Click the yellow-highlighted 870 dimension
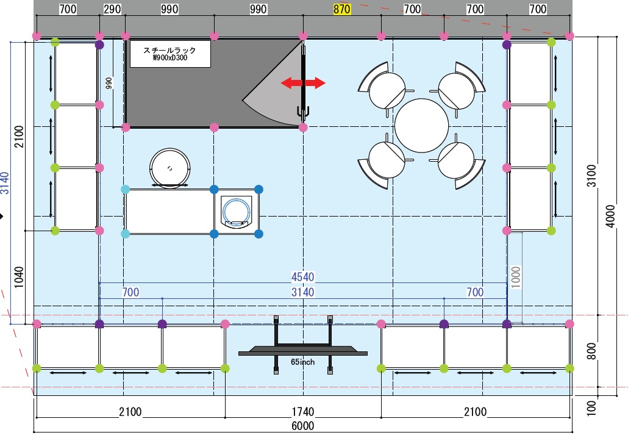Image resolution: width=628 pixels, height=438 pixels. (342, 9)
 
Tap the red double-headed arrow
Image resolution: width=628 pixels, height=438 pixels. (303, 83)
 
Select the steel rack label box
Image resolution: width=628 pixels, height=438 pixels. (170, 54)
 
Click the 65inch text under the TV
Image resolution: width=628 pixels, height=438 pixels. (302, 362)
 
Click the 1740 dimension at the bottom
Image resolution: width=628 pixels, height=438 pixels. (302, 412)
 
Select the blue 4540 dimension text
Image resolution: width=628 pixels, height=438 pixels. (302, 277)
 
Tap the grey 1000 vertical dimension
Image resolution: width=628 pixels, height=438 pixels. (516, 277)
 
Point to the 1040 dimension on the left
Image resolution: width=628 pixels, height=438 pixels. (19, 278)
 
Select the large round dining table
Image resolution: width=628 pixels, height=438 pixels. (421, 126)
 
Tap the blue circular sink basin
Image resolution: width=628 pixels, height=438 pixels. (236, 210)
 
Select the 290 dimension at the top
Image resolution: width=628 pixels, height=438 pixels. (112, 9)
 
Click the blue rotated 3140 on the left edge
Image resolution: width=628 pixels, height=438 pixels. (5, 183)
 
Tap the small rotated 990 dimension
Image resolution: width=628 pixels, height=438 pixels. (109, 84)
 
